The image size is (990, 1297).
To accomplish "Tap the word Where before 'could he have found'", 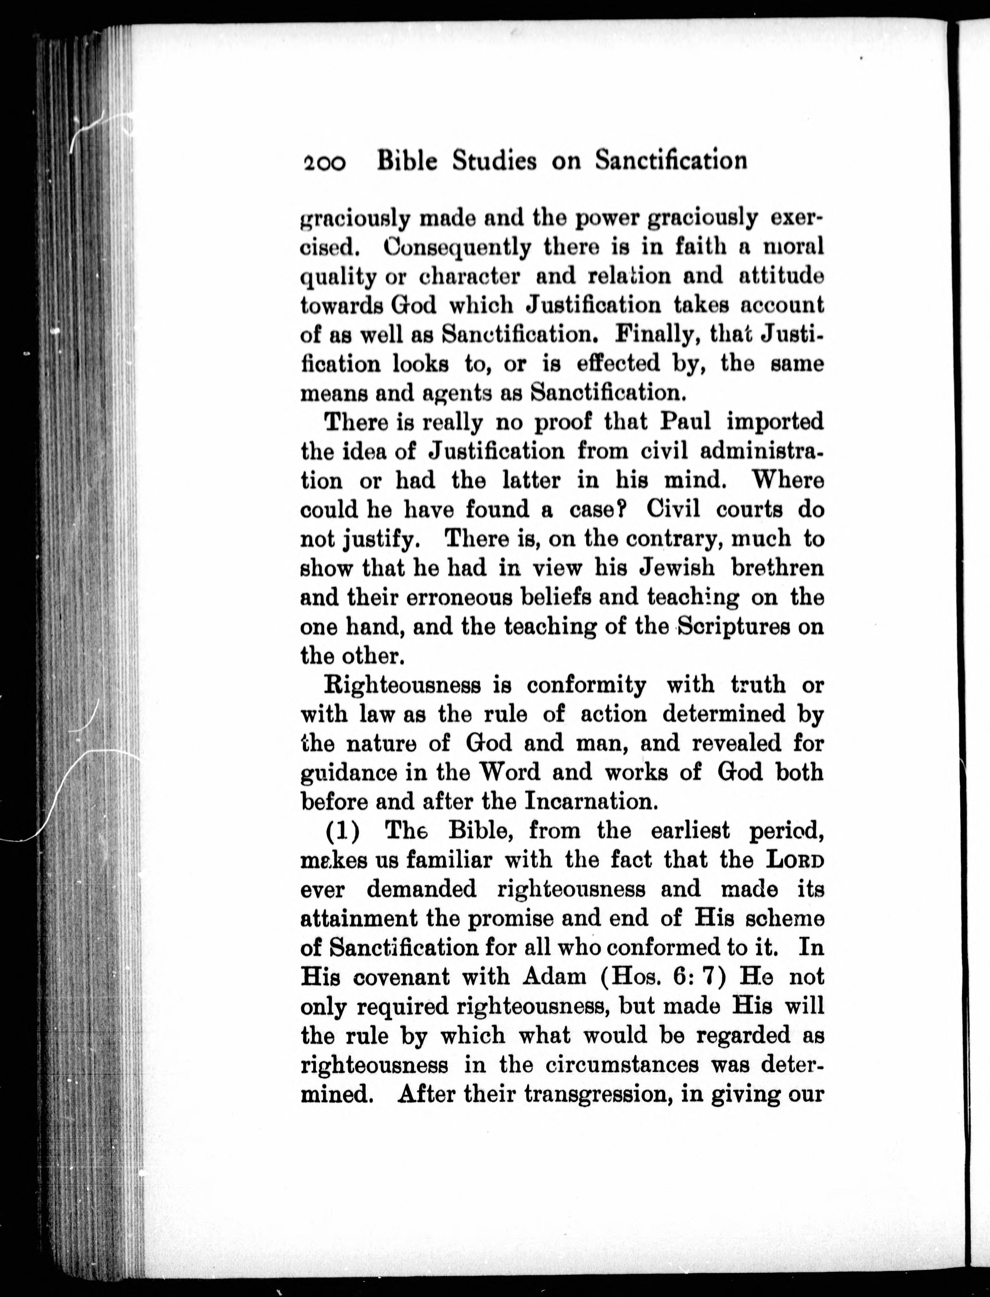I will (787, 480).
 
